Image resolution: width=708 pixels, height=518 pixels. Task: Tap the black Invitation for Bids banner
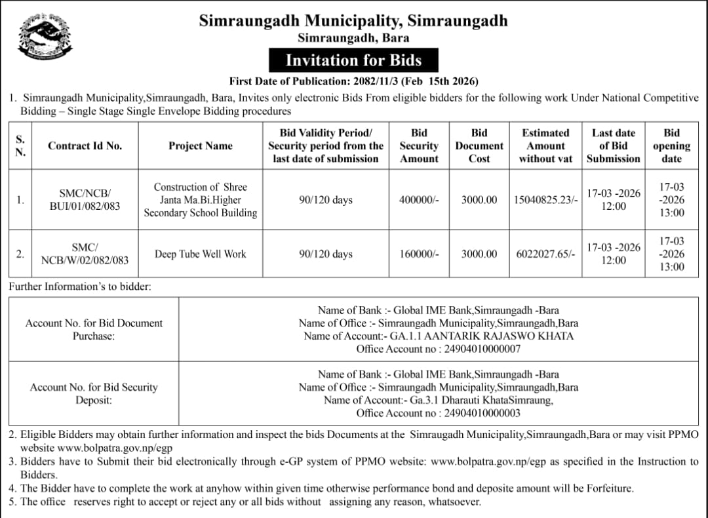tap(353, 60)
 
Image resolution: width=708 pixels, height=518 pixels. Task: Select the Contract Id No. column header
tap(85, 146)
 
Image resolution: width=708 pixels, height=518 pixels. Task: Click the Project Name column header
tap(201, 146)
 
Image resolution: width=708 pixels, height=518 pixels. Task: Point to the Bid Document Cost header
tap(479, 146)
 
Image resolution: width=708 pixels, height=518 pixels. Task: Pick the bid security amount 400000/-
tap(420, 200)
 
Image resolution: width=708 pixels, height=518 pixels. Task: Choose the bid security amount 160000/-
tap(420, 254)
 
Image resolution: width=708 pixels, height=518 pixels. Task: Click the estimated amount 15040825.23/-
tap(547, 200)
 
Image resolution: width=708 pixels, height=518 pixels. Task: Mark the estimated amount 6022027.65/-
tap(545, 254)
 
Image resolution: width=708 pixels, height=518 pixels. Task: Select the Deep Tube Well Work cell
tap(201, 254)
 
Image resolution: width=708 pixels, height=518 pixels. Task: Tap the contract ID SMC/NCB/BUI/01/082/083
tap(85, 200)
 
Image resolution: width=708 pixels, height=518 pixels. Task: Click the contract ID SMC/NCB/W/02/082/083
tap(85, 254)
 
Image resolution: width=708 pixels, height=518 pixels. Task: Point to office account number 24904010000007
tap(482, 349)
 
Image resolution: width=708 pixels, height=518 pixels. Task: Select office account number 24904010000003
tap(482, 413)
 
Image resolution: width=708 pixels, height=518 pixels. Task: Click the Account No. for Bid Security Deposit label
tap(94, 393)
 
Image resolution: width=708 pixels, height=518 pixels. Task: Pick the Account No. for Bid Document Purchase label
tap(94, 329)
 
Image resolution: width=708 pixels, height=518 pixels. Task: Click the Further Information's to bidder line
tap(80, 287)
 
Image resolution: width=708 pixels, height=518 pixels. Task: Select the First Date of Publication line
tap(353, 81)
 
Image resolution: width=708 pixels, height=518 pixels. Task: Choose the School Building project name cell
tap(201, 200)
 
